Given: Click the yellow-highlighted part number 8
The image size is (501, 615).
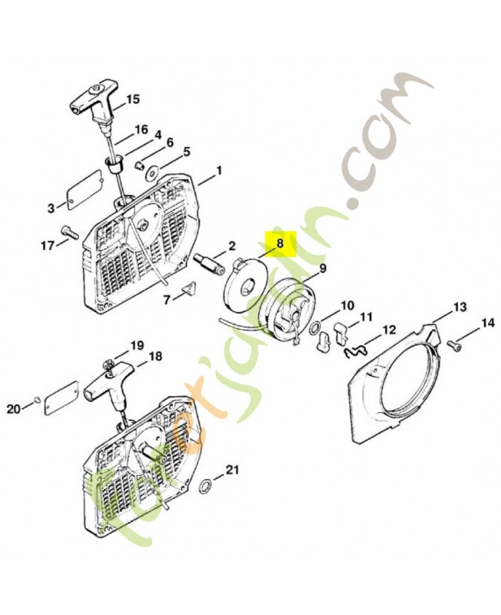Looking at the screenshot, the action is tap(280, 244).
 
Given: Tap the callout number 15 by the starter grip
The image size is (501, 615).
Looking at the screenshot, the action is tap(133, 99).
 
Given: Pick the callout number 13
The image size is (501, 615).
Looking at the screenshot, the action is tap(461, 306).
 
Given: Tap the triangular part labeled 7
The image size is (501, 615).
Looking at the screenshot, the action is tap(189, 290).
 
